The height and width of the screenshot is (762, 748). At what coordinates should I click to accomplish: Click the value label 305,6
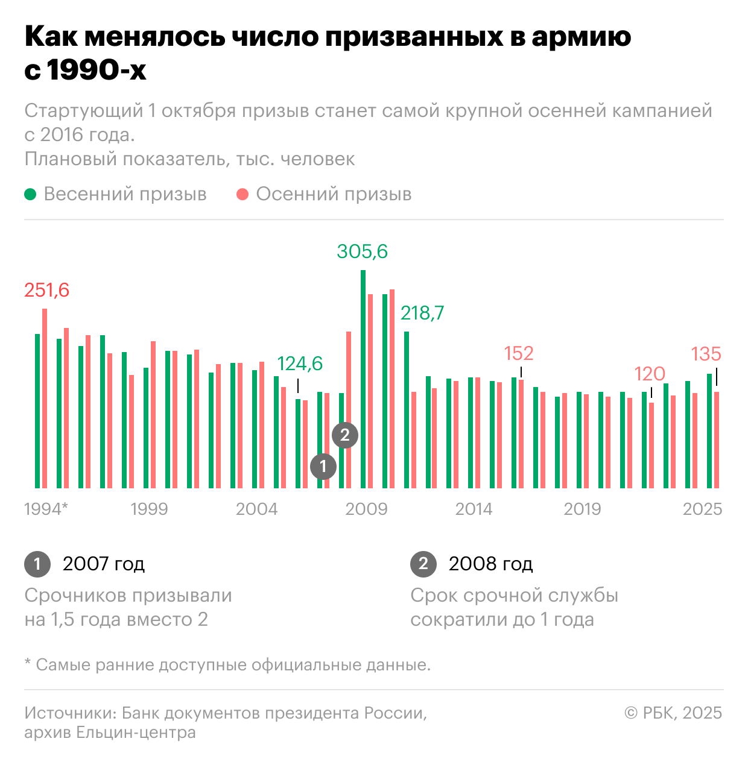(362, 251)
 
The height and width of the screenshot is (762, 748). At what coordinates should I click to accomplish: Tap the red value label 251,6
(46, 291)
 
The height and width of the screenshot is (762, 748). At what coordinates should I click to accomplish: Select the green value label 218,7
(422, 313)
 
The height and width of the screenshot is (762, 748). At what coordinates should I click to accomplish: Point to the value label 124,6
(300, 364)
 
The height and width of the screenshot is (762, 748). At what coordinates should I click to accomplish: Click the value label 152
(519, 353)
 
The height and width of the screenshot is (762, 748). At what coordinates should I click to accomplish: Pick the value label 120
(650, 374)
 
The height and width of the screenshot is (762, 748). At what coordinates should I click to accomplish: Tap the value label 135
(706, 354)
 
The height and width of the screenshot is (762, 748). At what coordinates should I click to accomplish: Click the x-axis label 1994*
(46, 509)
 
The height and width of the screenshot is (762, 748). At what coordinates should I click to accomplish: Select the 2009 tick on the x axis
(366, 509)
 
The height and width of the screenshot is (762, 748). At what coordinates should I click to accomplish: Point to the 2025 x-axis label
(702, 509)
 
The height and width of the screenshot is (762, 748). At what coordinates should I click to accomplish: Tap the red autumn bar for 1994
(45, 398)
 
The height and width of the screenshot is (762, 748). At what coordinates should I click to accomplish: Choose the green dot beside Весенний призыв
(30, 194)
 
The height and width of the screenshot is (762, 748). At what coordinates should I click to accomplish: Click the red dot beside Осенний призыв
(242, 194)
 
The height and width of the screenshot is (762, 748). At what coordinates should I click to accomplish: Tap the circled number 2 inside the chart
(345, 435)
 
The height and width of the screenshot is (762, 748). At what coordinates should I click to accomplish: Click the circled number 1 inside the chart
(323, 466)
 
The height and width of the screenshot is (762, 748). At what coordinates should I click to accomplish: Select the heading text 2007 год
(104, 564)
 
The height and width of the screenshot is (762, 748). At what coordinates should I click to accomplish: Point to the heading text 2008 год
(490, 564)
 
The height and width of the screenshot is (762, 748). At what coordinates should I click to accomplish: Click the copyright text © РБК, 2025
(673, 713)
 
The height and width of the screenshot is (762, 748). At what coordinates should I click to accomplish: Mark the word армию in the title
(581, 37)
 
